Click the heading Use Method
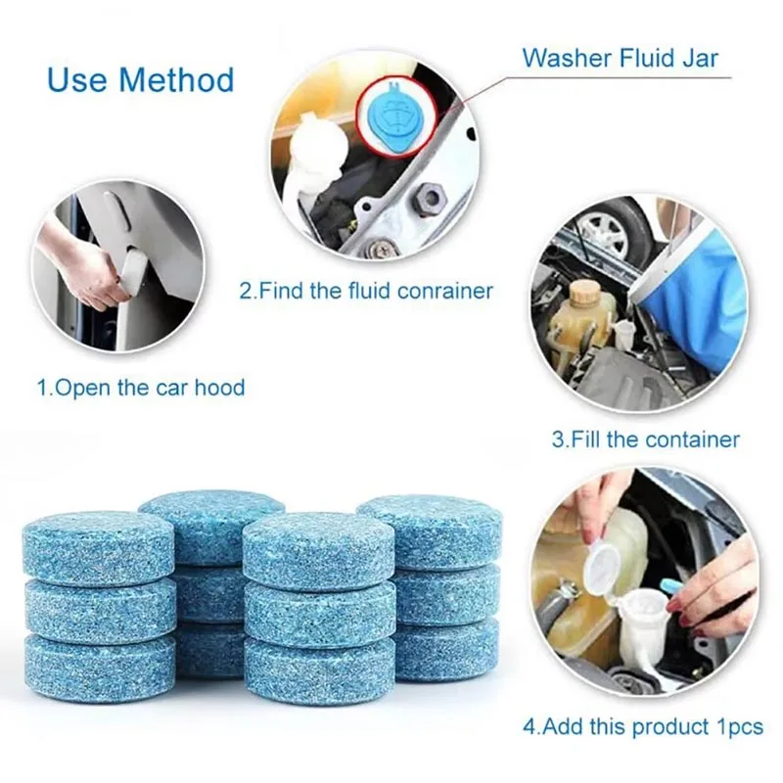pos(140,79)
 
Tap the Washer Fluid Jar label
pos(620,58)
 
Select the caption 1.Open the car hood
pos(141,388)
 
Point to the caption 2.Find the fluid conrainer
pos(366,291)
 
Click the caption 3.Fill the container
pos(645,439)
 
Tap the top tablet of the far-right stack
pos(429,530)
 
